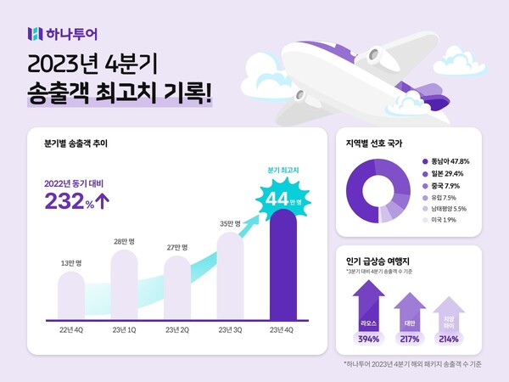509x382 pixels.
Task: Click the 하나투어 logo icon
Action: point(34,34)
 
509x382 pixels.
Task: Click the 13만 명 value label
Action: point(71,262)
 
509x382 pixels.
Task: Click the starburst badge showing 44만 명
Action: point(282,199)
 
